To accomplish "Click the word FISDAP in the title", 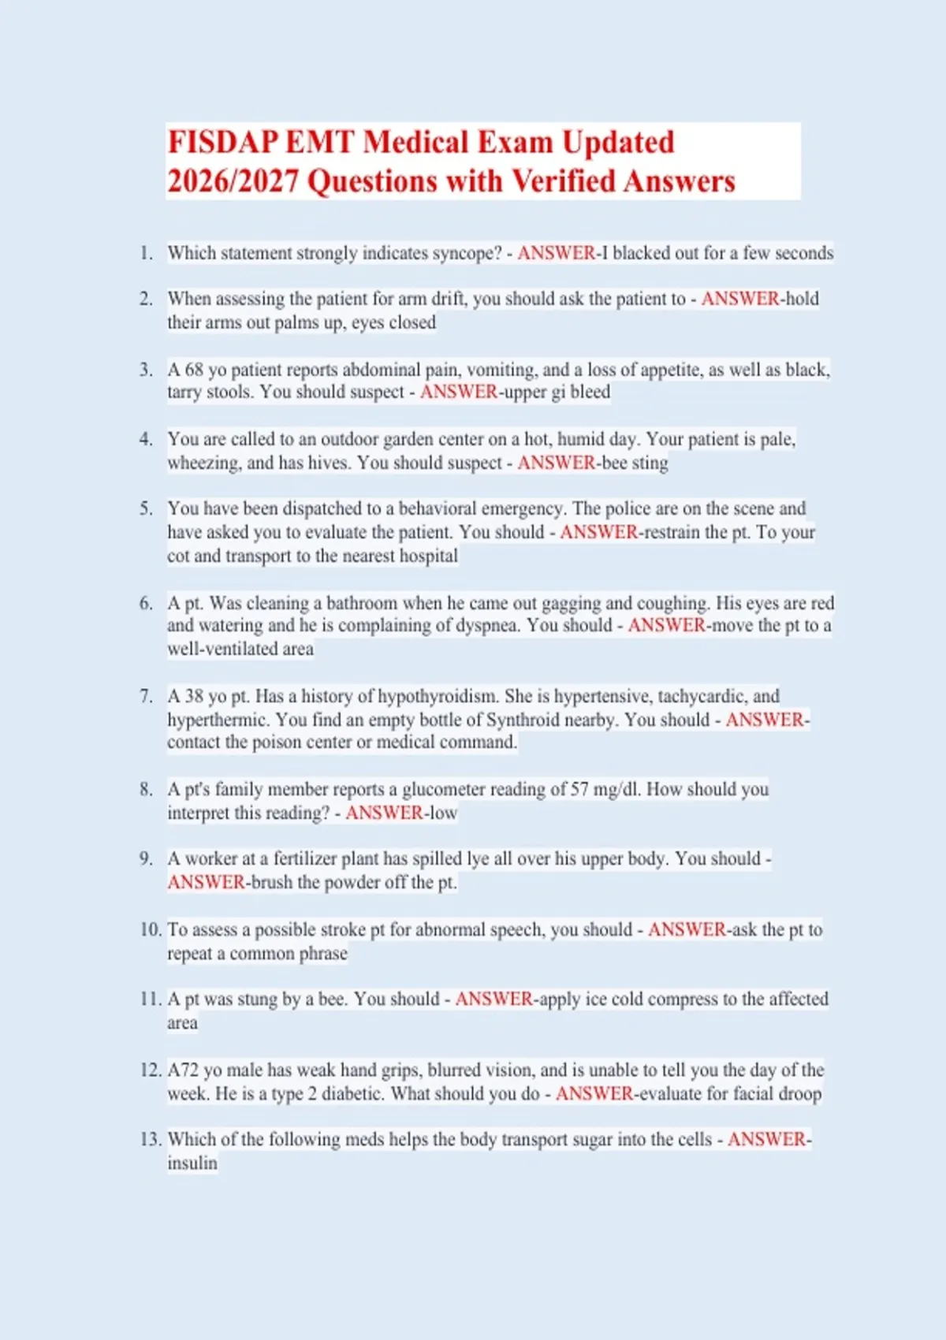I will [x=222, y=143].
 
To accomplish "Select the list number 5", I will [x=146, y=508].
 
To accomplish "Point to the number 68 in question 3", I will [x=194, y=370].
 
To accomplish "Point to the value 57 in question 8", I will [x=579, y=789].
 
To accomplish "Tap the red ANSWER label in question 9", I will [x=206, y=882].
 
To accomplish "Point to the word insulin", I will [x=192, y=1163].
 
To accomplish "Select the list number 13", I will [x=150, y=1139].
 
